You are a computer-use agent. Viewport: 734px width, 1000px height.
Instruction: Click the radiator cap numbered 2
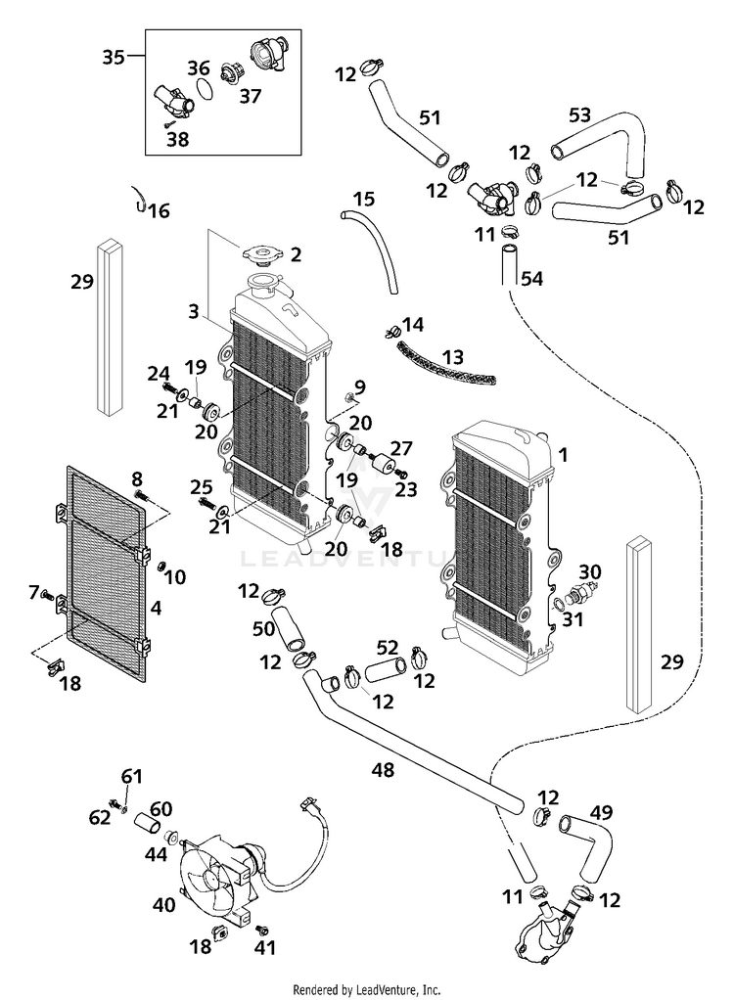(x=260, y=256)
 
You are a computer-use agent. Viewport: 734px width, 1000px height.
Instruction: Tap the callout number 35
(x=115, y=57)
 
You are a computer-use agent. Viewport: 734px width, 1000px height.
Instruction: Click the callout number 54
(x=531, y=280)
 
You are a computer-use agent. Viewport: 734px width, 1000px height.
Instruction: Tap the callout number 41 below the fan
(x=265, y=947)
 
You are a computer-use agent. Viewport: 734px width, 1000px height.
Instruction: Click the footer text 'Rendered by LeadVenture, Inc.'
(x=366, y=989)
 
